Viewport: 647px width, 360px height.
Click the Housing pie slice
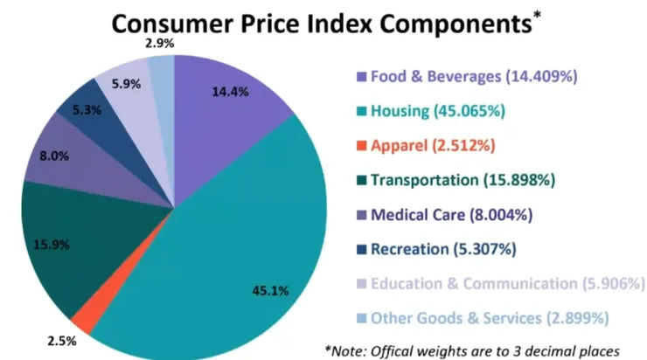236,245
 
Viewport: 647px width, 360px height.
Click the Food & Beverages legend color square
359,77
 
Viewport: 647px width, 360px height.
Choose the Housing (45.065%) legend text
436,111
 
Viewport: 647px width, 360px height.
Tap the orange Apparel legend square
359,146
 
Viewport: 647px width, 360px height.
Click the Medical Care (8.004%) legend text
451,215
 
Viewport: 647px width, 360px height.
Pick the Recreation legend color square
359,250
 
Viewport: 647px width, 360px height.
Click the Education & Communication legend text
507,284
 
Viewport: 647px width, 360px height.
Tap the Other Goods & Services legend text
490,318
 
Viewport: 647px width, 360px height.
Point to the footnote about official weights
471,350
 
